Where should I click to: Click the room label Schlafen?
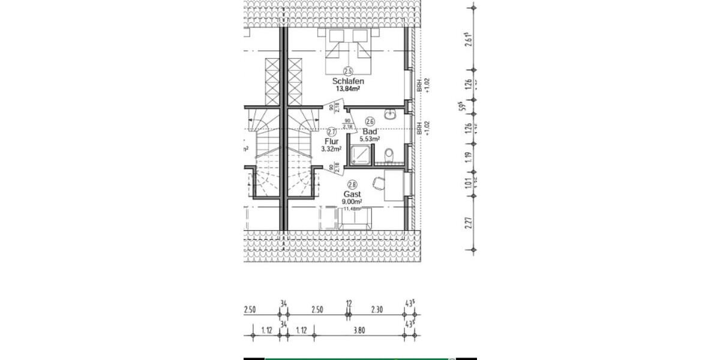point(348,81)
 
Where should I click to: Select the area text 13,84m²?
point(347,89)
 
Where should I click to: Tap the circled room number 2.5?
point(348,71)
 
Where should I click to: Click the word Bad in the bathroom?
point(370,131)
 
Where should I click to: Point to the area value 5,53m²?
point(370,139)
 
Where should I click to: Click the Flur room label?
point(331,142)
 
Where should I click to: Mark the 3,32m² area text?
point(331,149)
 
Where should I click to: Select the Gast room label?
point(352,194)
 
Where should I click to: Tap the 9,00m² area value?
point(352,202)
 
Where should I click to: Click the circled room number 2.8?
point(352,185)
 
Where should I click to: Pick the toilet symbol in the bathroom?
point(389,155)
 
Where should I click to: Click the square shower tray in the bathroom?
point(361,156)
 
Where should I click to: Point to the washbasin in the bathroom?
point(391,113)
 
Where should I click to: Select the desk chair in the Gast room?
point(378,181)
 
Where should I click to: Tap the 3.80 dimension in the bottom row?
point(359,330)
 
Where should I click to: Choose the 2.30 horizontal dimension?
point(376,310)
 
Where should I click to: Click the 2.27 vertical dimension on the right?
point(468,223)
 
